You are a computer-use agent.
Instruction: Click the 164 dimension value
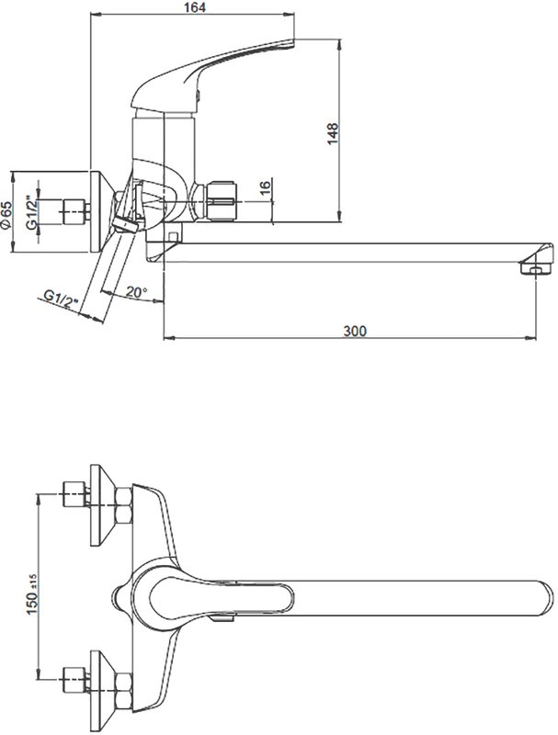tap(195, 7)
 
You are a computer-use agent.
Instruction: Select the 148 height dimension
tap(333, 133)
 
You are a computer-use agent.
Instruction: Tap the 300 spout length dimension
tap(355, 331)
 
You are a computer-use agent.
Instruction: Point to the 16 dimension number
tap(266, 186)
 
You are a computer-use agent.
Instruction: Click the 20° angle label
tap(136, 292)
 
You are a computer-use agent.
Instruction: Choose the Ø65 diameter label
tap(6, 215)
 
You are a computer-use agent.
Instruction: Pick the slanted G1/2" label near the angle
tap(61, 299)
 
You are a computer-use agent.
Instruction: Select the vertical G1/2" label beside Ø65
tap(31, 212)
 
